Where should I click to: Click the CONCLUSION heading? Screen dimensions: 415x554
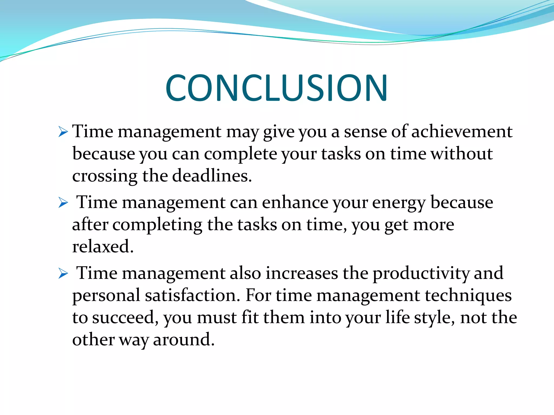[276, 88]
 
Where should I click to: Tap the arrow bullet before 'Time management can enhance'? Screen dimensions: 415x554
[63, 203]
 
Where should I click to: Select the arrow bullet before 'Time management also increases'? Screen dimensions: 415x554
[63, 274]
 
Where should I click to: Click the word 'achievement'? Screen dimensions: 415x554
[462, 132]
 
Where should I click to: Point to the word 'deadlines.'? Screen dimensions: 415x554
[212, 176]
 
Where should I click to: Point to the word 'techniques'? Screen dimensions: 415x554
[468, 296]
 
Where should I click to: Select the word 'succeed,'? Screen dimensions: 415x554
[125, 318]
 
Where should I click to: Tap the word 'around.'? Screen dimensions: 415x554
[184, 340]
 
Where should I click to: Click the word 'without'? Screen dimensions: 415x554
[461, 154]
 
